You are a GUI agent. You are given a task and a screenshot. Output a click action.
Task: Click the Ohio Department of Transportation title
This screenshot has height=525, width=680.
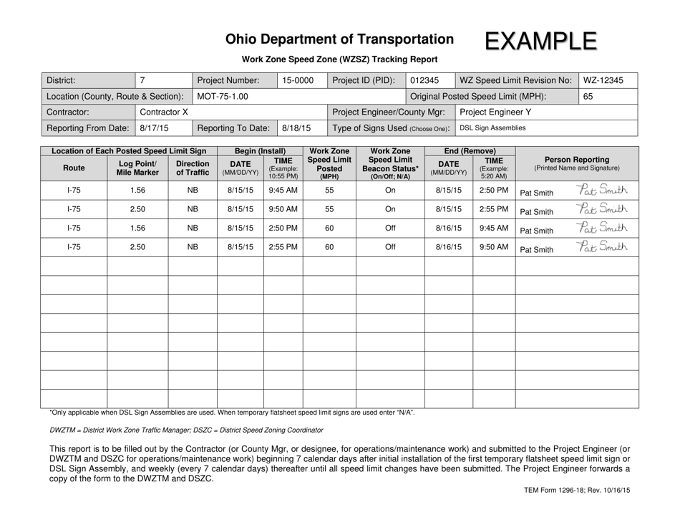pos(339,39)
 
